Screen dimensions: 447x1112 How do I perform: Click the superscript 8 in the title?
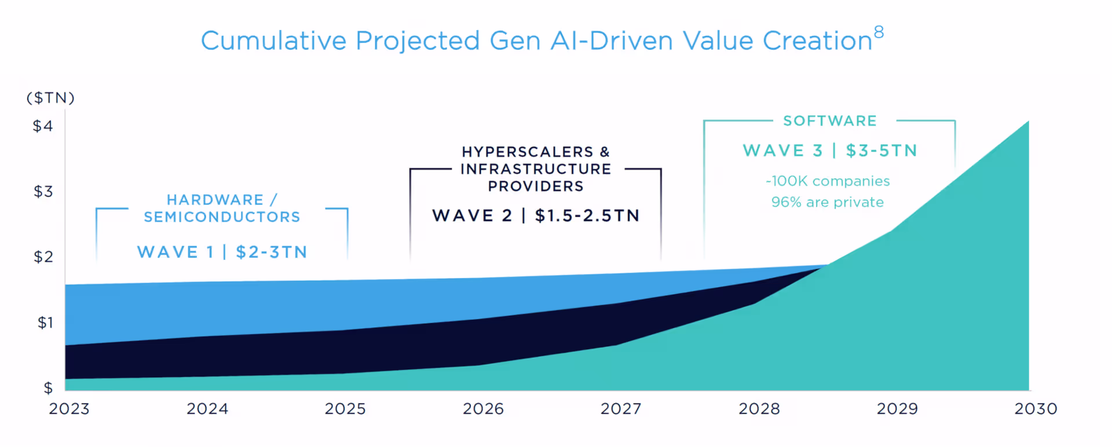point(879,32)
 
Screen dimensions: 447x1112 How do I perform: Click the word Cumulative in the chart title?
point(273,41)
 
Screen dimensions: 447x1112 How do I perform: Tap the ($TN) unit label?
point(50,98)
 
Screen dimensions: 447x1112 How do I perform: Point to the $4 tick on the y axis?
point(43,126)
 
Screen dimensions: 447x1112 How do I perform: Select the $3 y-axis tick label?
point(43,192)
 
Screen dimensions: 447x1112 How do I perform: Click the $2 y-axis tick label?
point(43,257)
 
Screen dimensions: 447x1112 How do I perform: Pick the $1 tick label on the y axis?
point(45,323)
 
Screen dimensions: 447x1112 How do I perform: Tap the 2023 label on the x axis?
point(69,409)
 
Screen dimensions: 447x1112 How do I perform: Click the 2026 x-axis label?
point(483,409)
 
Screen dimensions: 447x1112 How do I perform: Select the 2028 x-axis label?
point(759,409)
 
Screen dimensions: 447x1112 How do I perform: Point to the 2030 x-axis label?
point(1036,409)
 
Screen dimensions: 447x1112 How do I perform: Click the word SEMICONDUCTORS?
point(222,217)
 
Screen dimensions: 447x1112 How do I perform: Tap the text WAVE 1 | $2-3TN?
point(222,252)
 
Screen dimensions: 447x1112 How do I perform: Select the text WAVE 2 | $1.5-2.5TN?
point(536,216)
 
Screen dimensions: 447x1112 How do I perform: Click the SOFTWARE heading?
point(829,121)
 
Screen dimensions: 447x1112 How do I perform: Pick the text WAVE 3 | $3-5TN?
point(830,151)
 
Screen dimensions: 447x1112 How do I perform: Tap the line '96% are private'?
point(827,203)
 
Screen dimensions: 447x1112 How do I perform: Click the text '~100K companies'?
point(827,181)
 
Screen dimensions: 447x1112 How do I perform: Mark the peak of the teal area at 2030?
point(1028,122)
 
